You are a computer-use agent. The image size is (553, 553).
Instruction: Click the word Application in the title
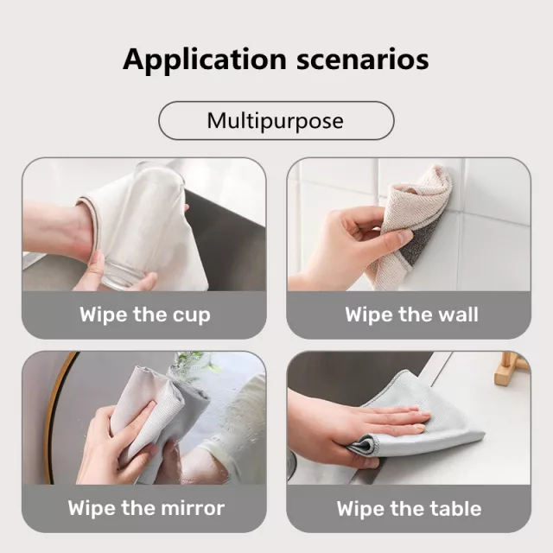pos(205,60)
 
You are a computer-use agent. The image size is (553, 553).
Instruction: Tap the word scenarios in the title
pos(363,60)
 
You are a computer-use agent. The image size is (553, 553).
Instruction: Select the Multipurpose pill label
pos(276,121)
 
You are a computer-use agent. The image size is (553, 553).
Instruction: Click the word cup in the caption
pos(191,315)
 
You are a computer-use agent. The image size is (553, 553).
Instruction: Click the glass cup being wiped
pos(141,226)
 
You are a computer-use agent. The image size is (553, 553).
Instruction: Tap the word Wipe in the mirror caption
pos(92,508)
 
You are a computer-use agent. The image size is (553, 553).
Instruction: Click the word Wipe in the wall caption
pos(369,315)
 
